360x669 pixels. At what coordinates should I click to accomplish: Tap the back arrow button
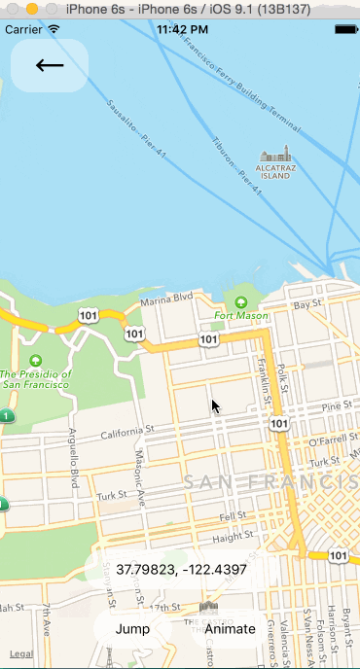tap(50, 66)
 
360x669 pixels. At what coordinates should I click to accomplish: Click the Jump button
tap(132, 628)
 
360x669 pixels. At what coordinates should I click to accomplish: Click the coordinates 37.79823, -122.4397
tap(181, 570)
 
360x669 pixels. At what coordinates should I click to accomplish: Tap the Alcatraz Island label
tap(275, 172)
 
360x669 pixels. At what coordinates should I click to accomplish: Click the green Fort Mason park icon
tap(240, 300)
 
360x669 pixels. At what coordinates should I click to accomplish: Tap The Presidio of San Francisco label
tap(36, 378)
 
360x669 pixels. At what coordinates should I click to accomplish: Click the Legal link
tap(20, 654)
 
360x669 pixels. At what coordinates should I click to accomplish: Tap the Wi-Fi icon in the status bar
tap(53, 29)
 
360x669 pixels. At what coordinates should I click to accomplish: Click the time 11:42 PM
tap(181, 29)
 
